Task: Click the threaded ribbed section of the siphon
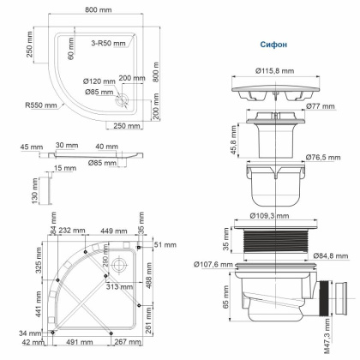tap(275, 242)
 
